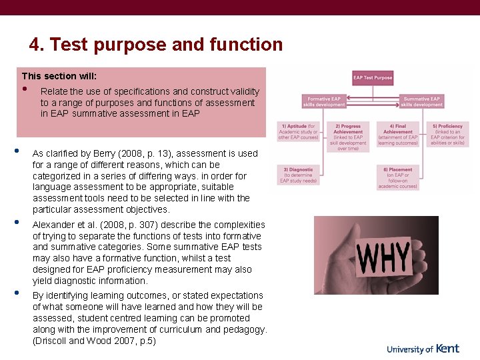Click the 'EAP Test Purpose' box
tap(373, 78)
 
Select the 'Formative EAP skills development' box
tap(324, 101)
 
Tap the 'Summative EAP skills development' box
tap(422, 101)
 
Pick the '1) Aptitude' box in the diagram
tap(299, 134)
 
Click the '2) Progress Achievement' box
tap(347, 137)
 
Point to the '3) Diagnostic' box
tap(299, 175)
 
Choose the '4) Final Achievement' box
tap(398, 134)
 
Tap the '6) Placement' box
tap(398, 177)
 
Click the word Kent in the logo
tap(447, 348)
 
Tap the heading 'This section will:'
tap(59, 77)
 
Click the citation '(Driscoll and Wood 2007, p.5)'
tap(94, 341)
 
